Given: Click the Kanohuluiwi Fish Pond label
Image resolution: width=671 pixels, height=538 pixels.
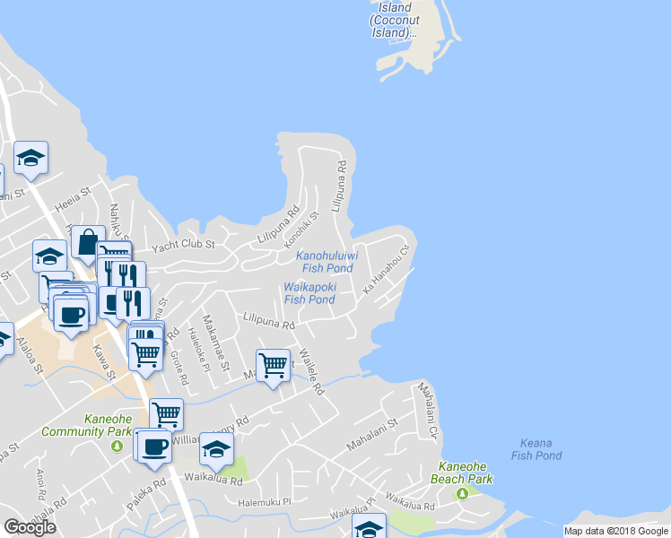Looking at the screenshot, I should pos(327,262).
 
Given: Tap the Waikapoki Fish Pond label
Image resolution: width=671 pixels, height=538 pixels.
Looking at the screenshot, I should pos(309,293).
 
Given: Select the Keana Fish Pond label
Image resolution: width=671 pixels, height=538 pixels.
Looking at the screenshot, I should pos(536,449).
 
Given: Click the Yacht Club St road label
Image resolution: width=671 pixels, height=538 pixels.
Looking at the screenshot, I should pos(183,244).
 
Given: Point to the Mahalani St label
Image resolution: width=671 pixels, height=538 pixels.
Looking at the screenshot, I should pos(372,433).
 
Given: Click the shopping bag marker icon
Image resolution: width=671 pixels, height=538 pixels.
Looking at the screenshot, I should pos(88,242).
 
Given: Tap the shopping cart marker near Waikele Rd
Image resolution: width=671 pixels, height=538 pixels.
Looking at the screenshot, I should pos(273,364).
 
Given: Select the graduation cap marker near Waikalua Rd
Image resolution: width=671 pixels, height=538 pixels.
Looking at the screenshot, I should pos(216,449).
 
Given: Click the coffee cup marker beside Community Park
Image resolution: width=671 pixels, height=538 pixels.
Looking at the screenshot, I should pos(153,446).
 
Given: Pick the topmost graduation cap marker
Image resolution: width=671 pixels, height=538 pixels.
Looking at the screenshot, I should pos(31,158).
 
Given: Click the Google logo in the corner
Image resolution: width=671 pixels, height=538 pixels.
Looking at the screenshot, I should pos(30,527).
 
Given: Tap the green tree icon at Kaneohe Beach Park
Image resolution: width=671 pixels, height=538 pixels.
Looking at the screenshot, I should pos(462,492).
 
